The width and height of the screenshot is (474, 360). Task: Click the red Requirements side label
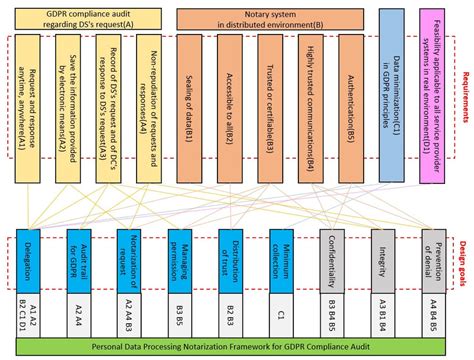click(464, 99)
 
